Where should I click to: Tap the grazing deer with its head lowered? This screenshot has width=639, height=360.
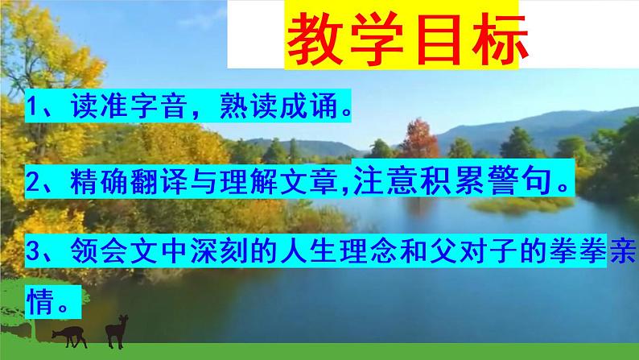pos(68,333)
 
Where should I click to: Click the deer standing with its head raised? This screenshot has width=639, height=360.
pos(117,328)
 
